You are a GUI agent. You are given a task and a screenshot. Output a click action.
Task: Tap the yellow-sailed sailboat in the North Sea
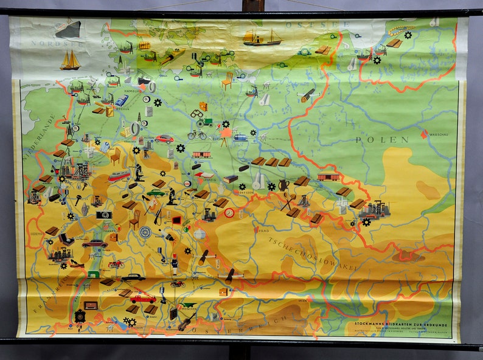[x=70, y=60]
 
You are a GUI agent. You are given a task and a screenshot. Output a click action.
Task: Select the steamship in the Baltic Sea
[x=262, y=38]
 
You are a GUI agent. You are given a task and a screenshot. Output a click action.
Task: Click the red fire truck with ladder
[x=142, y=298]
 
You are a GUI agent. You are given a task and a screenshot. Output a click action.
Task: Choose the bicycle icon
[x=197, y=134]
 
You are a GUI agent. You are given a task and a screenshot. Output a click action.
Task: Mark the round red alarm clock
[x=229, y=213]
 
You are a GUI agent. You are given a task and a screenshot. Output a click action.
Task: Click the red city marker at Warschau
[x=424, y=134]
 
